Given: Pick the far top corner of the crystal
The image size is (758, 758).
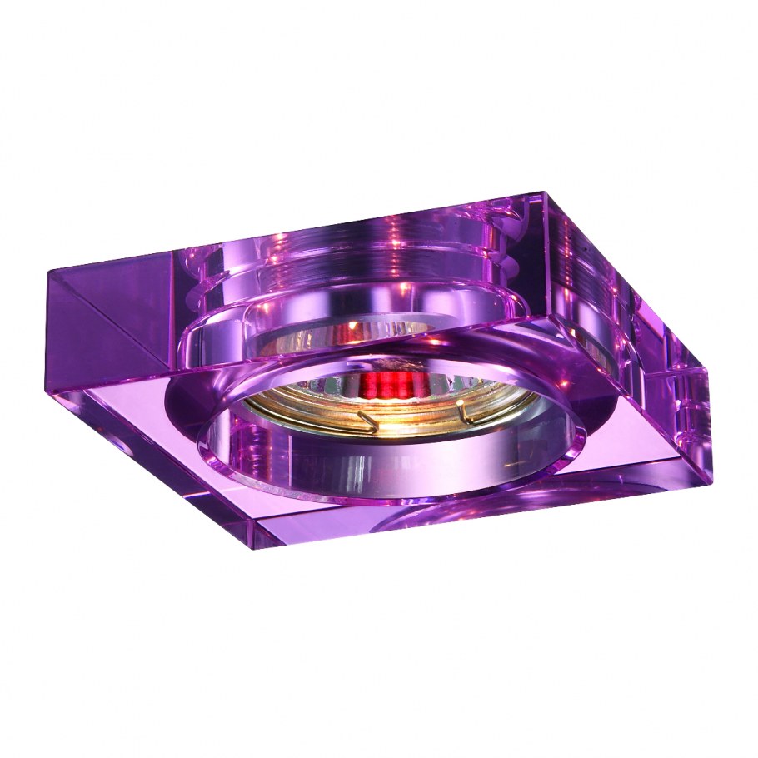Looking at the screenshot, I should [x=544, y=195].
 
